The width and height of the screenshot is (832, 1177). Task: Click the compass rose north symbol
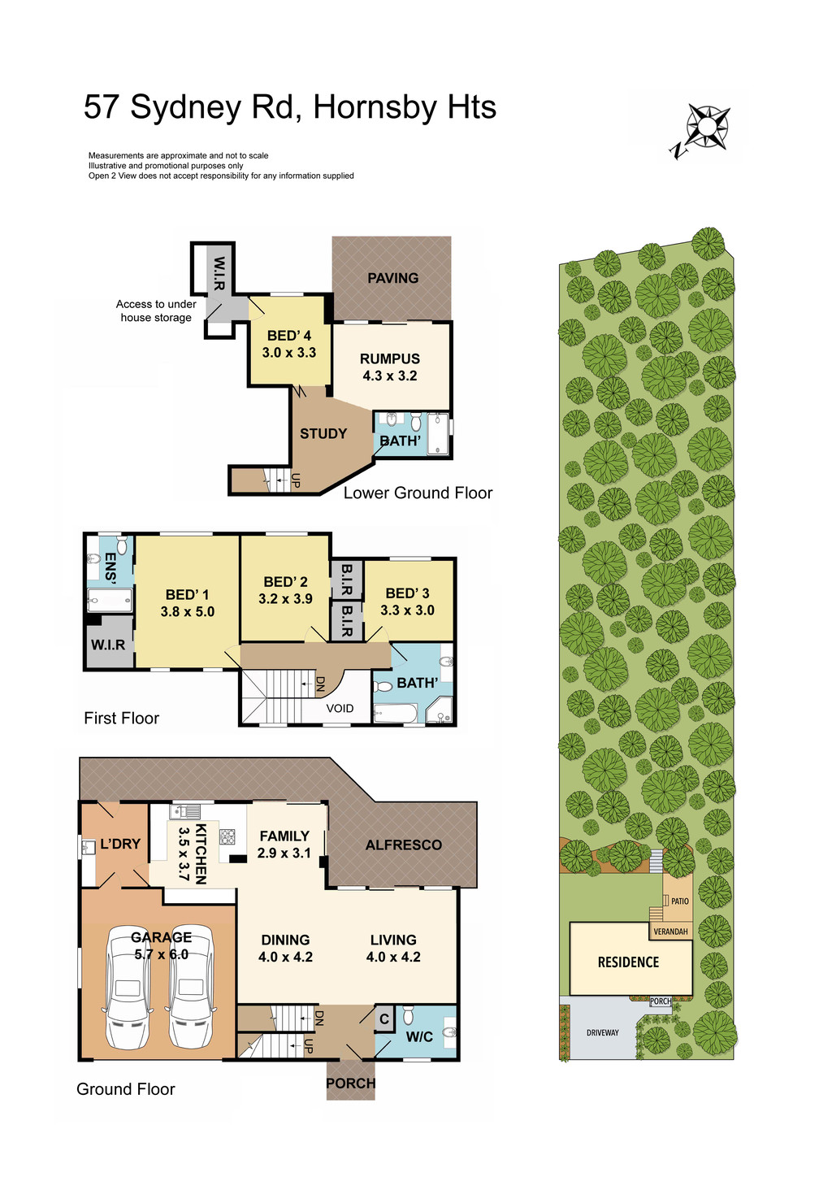705,128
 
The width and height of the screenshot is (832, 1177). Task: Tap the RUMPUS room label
390,358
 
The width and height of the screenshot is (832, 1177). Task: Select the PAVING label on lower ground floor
392,278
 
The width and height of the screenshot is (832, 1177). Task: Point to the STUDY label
323,433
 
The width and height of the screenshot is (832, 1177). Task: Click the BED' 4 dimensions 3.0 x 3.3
289,353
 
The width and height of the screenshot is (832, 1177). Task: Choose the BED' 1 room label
187,594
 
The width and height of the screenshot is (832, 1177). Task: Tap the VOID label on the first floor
340,708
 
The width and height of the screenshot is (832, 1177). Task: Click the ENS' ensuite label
110,569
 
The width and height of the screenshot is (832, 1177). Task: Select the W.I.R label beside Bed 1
108,645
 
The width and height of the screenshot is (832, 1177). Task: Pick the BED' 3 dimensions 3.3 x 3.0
407,610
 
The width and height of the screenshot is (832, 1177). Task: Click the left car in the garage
128,987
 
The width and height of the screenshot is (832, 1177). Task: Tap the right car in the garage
191,987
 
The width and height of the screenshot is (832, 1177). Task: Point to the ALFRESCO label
403,845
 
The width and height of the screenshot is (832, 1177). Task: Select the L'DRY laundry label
120,844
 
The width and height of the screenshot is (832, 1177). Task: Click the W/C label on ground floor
419,1036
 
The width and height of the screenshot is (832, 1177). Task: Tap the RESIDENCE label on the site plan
628,962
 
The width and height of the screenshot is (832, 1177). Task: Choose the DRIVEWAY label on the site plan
602,1033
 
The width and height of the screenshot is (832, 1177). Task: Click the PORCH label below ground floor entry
350,1084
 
